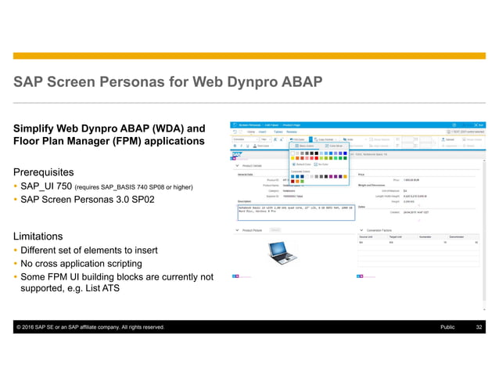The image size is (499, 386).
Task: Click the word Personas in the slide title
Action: [x=154, y=83]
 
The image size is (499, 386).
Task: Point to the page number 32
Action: [x=479, y=327]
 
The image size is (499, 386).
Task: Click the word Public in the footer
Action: [x=447, y=327]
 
